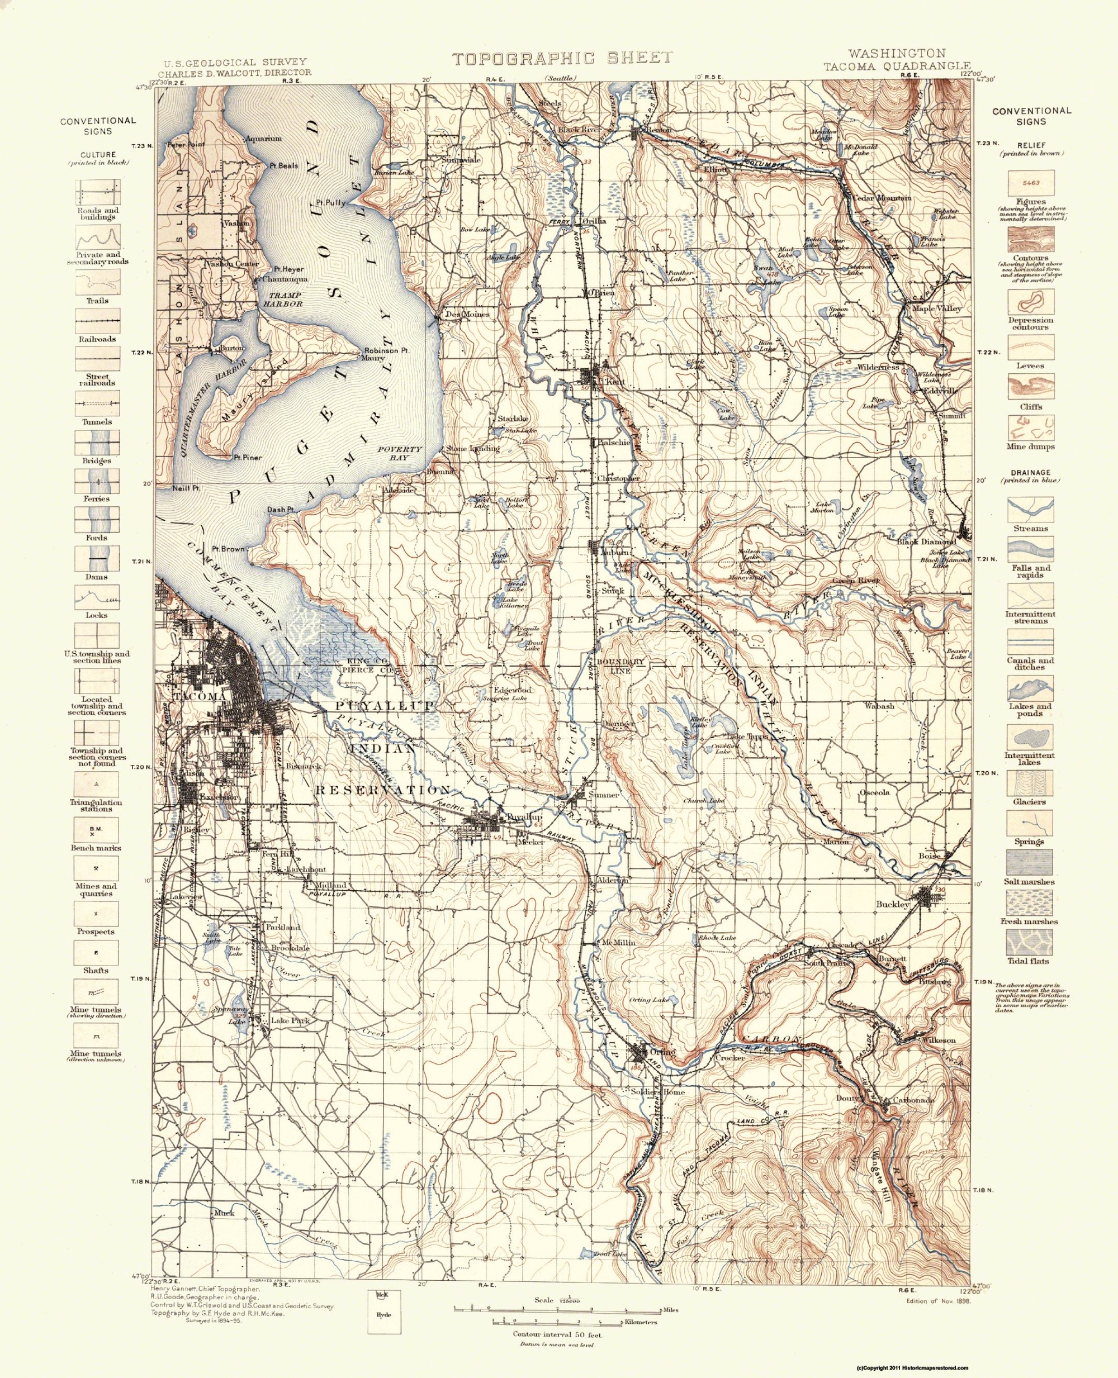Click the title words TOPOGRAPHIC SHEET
562,59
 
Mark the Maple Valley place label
936,309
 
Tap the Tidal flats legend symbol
1030,942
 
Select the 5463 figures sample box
1030,183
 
